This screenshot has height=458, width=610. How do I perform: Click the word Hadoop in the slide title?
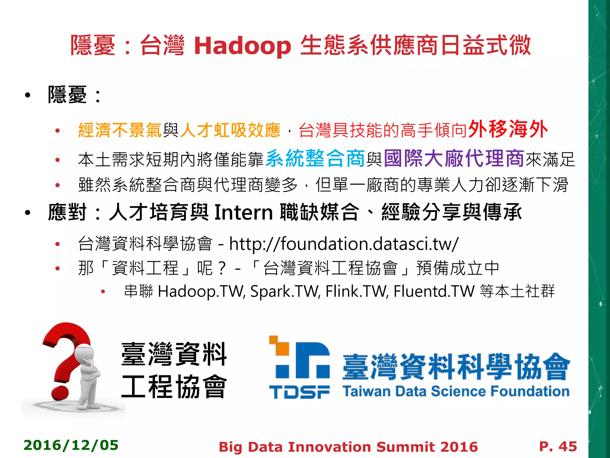pyautogui.click(x=242, y=46)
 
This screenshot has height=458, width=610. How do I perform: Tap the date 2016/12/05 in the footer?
pyautogui.click(x=71, y=445)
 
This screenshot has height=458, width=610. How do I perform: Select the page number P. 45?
pyautogui.click(x=558, y=446)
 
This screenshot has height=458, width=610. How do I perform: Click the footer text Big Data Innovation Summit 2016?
pyautogui.click(x=348, y=447)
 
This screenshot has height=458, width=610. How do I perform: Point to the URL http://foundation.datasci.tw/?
pyautogui.click(x=344, y=244)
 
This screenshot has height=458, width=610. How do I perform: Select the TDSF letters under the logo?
pyautogui.click(x=299, y=392)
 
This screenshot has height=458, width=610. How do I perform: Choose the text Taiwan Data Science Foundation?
pyautogui.click(x=456, y=391)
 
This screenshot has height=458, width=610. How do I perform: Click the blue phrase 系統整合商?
pyautogui.click(x=315, y=158)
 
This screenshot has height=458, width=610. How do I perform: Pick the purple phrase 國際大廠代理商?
pyautogui.click(x=454, y=158)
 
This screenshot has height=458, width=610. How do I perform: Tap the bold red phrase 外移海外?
pyautogui.click(x=508, y=129)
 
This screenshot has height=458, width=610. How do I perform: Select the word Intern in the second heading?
pyautogui.click(x=244, y=212)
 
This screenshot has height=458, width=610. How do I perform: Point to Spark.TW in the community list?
pyautogui.click(x=285, y=291)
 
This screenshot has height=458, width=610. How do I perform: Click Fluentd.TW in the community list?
pyautogui.click(x=434, y=291)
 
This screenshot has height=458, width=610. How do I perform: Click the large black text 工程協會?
pyautogui.click(x=174, y=387)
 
